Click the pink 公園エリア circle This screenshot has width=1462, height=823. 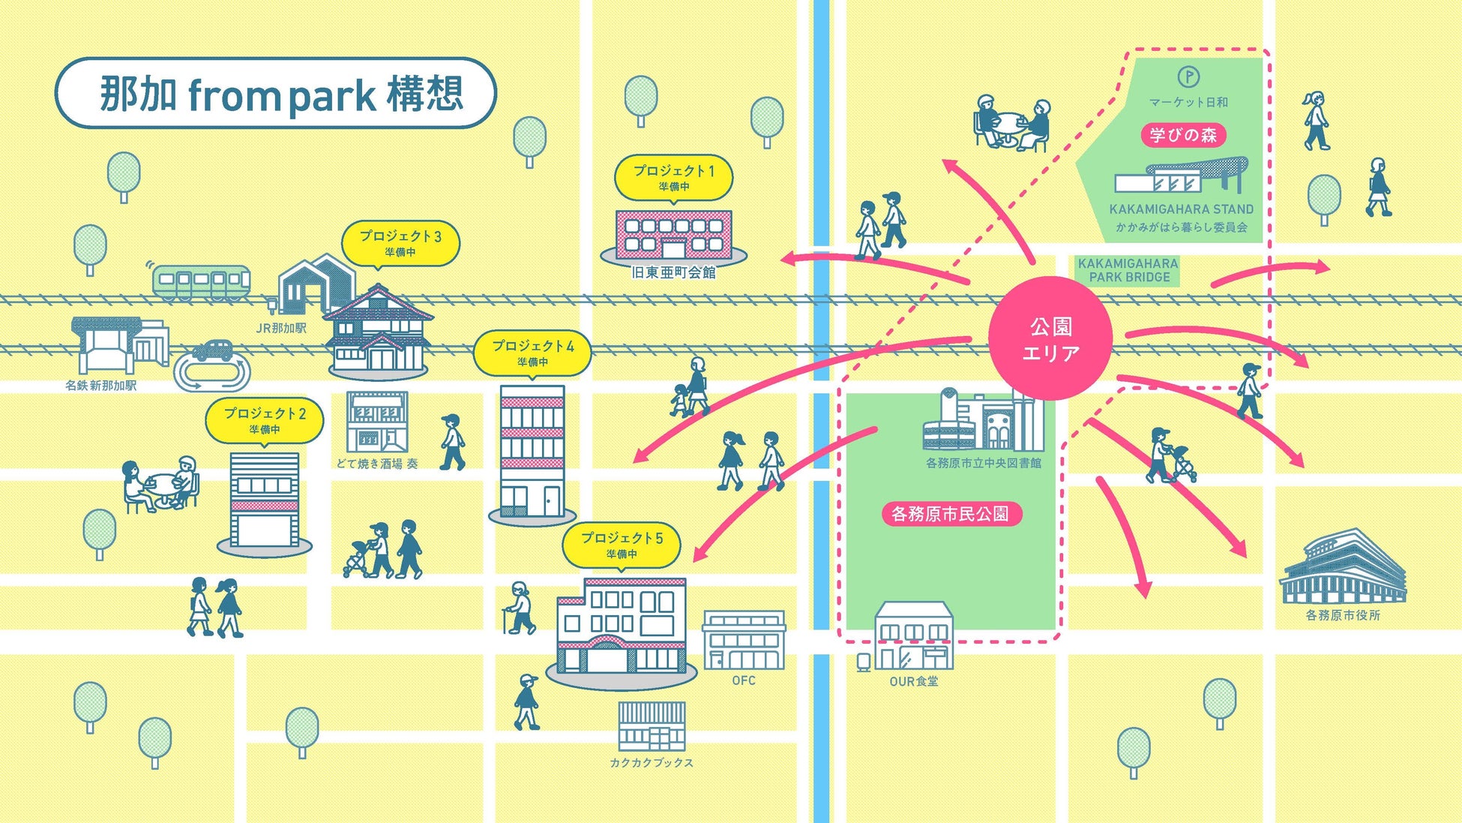(x=1050, y=338)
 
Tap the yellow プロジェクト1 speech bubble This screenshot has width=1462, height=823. (x=673, y=177)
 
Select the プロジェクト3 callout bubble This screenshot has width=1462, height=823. (x=400, y=242)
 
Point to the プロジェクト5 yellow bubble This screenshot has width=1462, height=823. (x=622, y=545)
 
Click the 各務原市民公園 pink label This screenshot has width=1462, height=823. (x=950, y=514)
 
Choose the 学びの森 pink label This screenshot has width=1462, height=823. (x=1183, y=135)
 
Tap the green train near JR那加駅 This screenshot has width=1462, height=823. (x=201, y=282)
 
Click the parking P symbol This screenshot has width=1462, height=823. (x=1188, y=77)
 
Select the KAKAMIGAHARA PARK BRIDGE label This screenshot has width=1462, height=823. (x=1128, y=270)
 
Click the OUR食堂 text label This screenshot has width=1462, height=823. (x=913, y=681)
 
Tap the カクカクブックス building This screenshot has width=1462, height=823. (x=652, y=726)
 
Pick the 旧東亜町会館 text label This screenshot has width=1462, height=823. (x=673, y=273)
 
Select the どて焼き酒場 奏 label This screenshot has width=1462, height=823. (x=376, y=464)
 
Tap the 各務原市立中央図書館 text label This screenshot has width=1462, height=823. (x=984, y=463)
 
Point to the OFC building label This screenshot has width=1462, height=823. (x=744, y=680)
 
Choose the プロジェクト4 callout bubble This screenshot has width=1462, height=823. (x=532, y=353)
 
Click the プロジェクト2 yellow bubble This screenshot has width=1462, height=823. (x=265, y=419)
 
